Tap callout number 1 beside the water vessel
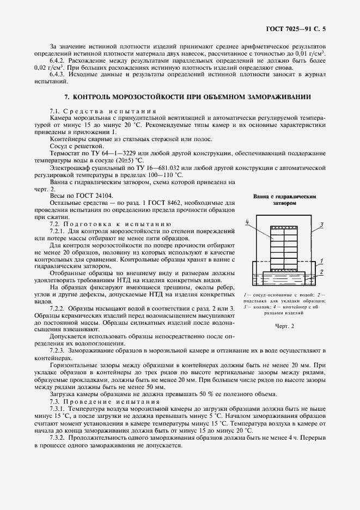pyautogui.click(x=322, y=260)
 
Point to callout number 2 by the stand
pyautogui.click(x=322, y=271)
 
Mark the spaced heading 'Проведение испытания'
pyautogui.click(x=115, y=402)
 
